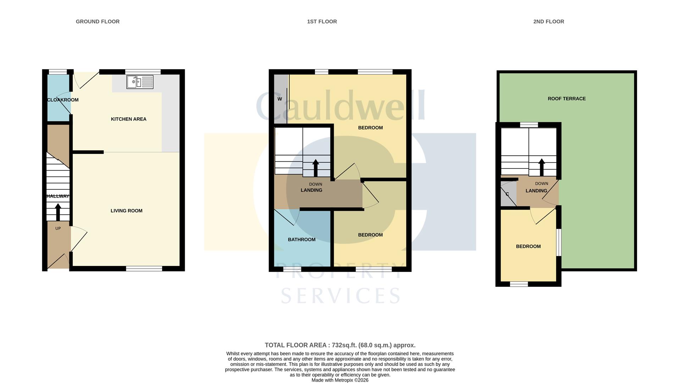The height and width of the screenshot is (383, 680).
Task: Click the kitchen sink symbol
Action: tap(140, 82)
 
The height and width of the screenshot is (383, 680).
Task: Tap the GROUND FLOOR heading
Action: tap(98, 22)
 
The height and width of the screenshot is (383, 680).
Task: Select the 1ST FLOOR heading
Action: tap(322, 22)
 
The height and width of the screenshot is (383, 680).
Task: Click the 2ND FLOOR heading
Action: tap(548, 22)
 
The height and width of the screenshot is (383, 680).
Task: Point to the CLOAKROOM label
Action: tap(63, 100)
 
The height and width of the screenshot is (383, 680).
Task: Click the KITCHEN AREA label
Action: tap(128, 119)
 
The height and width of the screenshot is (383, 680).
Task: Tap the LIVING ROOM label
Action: tap(126, 211)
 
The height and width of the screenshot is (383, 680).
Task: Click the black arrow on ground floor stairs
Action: tap(58, 212)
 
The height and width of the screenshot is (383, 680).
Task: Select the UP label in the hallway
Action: tap(58, 228)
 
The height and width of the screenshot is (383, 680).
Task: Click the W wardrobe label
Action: tap(280, 99)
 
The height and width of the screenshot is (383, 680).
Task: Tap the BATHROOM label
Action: tap(302, 240)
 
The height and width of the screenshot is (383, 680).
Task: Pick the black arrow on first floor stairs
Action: tap(315, 168)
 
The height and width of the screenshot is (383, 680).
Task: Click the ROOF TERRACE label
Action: tap(566, 99)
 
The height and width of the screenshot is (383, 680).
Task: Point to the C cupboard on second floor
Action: tap(507, 194)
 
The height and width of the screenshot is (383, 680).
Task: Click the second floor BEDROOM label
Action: tap(528, 246)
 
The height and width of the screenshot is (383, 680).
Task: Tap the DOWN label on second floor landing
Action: tap(542, 184)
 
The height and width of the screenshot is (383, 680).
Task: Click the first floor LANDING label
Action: tap(311, 190)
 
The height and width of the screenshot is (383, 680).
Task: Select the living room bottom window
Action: tap(144, 269)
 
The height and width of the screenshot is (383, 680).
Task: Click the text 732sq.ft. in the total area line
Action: tap(344, 345)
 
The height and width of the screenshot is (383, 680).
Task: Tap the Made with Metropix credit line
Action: tap(340, 380)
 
